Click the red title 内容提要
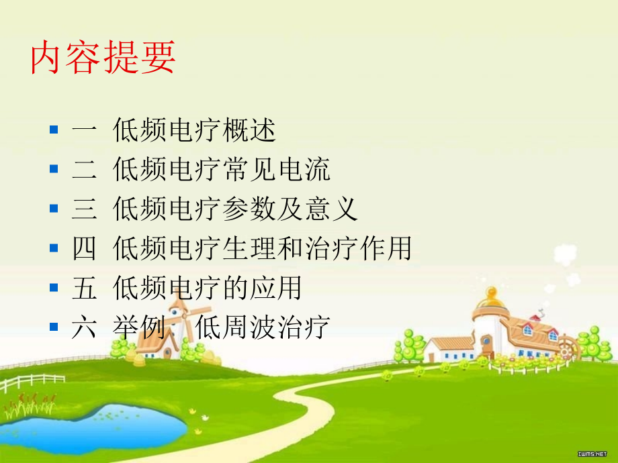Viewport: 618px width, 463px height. click(x=103, y=57)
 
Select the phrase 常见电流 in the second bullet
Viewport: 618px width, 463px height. click(x=275, y=170)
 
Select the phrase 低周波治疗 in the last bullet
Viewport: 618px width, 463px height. click(x=262, y=327)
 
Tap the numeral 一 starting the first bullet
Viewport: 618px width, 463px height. click(x=84, y=131)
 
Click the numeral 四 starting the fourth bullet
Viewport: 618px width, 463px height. click(x=84, y=248)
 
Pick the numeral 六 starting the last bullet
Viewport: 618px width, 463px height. click(x=84, y=327)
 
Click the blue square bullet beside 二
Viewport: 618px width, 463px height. click(x=54, y=170)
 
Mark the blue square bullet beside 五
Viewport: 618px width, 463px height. click(x=54, y=288)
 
